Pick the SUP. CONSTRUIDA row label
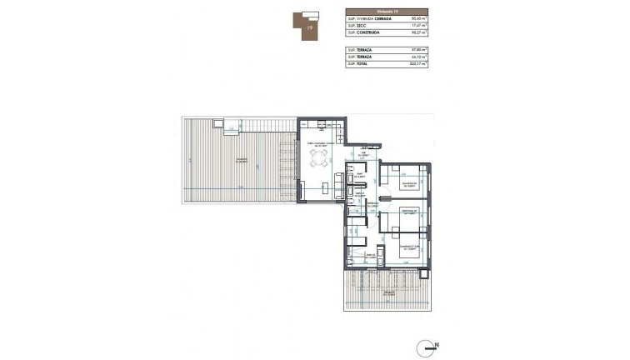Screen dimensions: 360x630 (366, 36)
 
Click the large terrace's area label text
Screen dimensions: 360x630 (239, 161)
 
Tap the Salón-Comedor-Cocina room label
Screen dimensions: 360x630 (318, 143)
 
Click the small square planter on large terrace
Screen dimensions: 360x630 (217, 125)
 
